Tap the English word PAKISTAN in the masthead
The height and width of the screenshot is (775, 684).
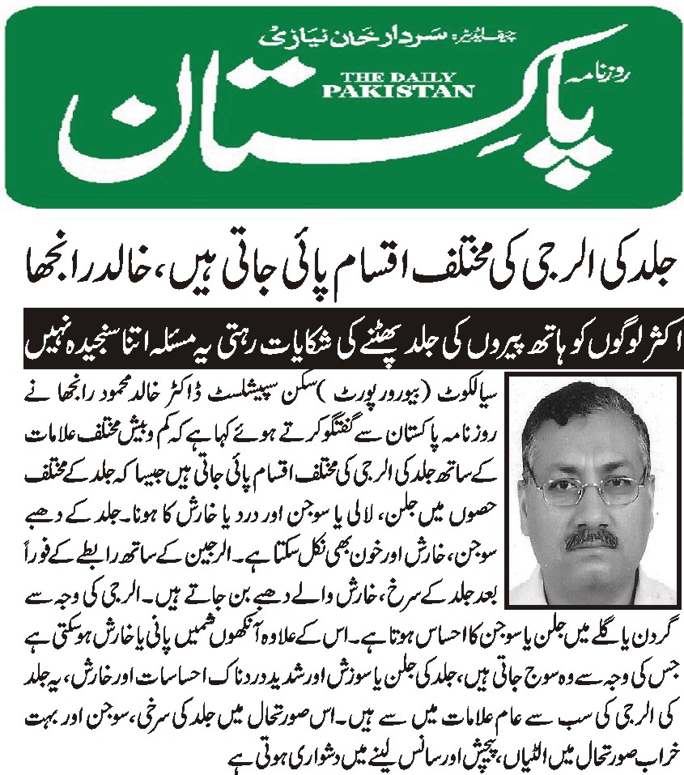click(397, 92)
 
